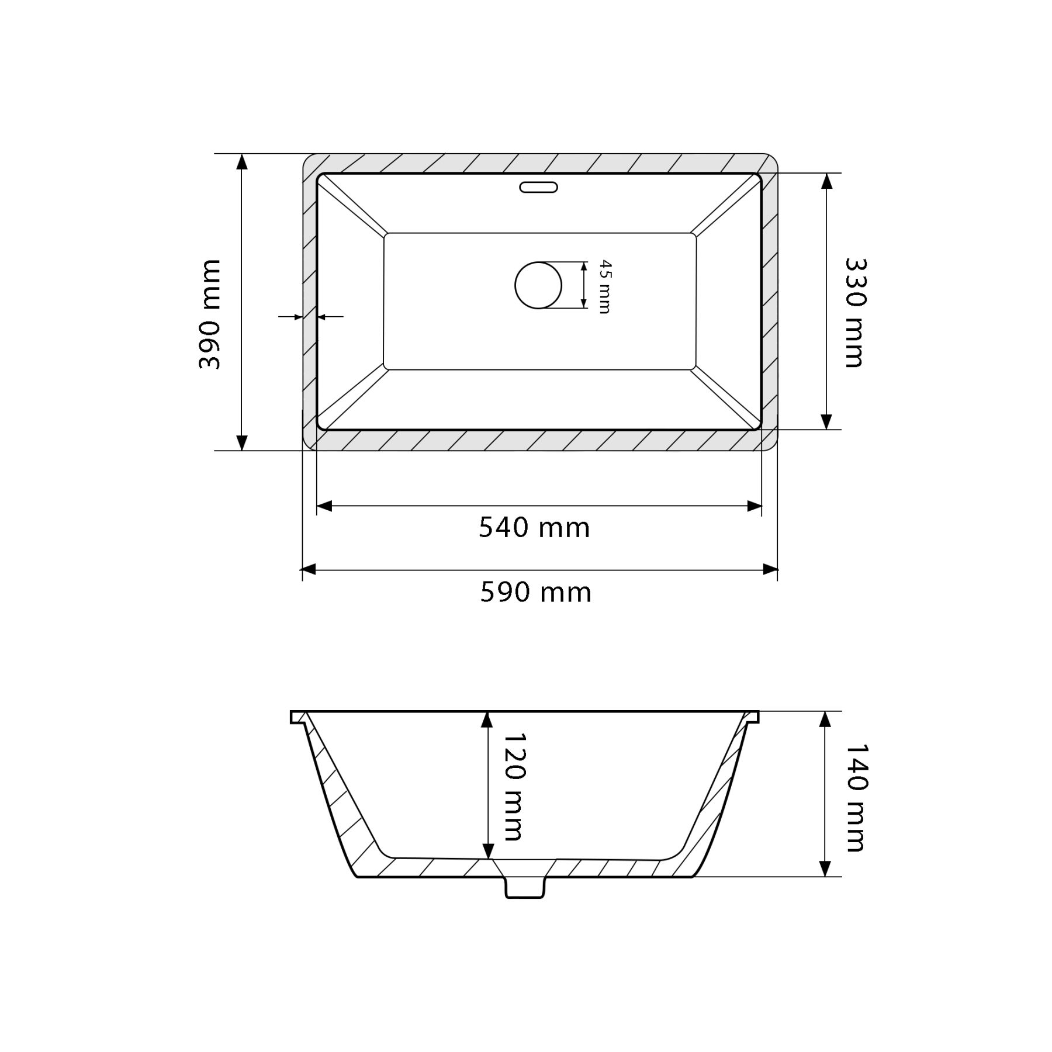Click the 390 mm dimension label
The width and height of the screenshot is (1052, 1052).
210,314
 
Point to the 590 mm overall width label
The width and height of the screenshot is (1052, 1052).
536,593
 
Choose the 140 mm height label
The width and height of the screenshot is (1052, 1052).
854,798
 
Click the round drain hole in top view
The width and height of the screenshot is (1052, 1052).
538,285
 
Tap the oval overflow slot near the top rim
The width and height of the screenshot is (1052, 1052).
538,188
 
